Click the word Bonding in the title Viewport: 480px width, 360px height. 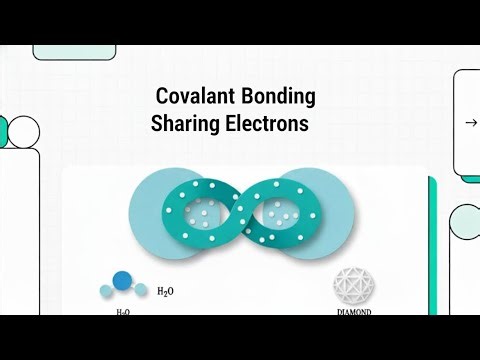(x=280, y=97)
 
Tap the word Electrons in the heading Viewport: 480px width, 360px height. (x=266, y=125)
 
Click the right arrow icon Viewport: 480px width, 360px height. (x=471, y=123)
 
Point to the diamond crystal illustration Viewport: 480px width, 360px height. (x=352, y=286)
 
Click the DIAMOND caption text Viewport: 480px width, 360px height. (x=352, y=310)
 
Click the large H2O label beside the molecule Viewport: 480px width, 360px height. (x=166, y=292)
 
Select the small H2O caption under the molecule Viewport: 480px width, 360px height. (x=123, y=312)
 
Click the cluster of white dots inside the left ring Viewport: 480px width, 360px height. (x=201, y=211)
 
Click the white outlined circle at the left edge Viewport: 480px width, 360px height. (x=22, y=130)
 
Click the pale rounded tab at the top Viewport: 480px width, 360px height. (x=67, y=51)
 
